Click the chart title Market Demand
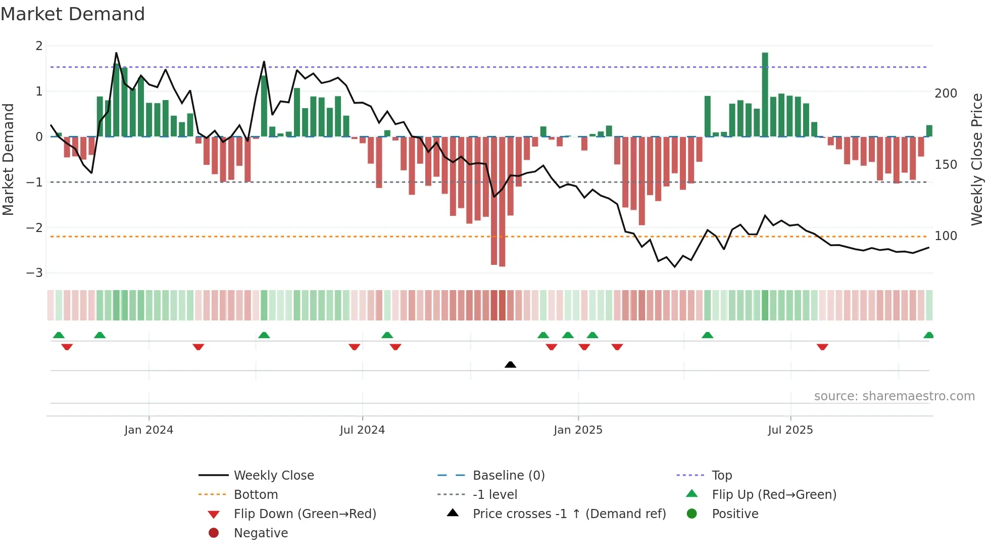pyautogui.click(x=73, y=14)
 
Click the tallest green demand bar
pyautogui.click(x=765, y=95)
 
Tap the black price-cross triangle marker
pyautogui.click(x=510, y=364)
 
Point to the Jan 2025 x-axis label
pyautogui.click(x=578, y=430)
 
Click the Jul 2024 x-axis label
pyautogui.click(x=362, y=430)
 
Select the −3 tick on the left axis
pyautogui.click(x=34, y=273)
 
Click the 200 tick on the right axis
pyautogui.click(x=946, y=94)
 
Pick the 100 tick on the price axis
pyautogui.click(x=946, y=236)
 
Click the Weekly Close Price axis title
pyautogui.click(x=977, y=159)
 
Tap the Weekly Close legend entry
pyautogui.click(x=273, y=476)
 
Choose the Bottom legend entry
pyautogui.click(x=256, y=495)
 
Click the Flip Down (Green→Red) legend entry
pyautogui.click(x=305, y=514)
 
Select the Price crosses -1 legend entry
pyautogui.click(x=569, y=514)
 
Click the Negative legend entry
pyautogui.click(x=261, y=533)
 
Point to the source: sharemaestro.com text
pyautogui.click(x=894, y=396)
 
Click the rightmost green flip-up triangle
pyautogui.click(x=928, y=335)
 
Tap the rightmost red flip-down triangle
pyautogui.click(x=822, y=347)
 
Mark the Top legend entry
pyautogui.click(x=721, y=476)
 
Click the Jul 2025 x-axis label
pyautogui.click(x=790, y=430)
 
